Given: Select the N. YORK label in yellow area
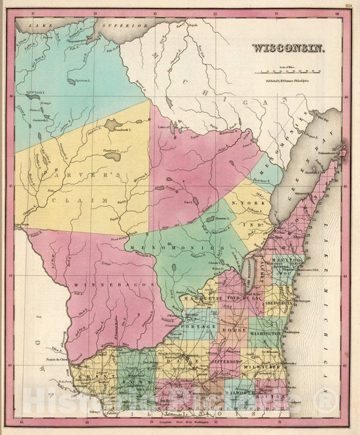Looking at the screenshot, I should [244, 202].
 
